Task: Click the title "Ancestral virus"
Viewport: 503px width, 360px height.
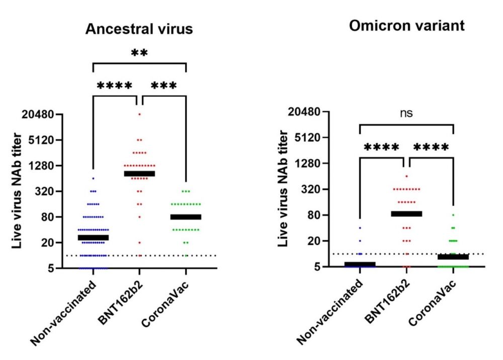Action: (139, 29)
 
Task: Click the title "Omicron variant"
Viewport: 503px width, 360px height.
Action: (407, 26)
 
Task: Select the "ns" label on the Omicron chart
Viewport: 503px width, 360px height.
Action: (406, 113)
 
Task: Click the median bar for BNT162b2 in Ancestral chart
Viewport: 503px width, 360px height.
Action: (140, 173)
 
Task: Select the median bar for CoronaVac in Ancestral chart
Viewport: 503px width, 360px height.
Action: (186, 217)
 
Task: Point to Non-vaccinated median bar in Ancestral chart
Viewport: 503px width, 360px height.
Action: (94, 237)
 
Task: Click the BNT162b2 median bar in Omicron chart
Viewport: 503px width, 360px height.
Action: (407, 214)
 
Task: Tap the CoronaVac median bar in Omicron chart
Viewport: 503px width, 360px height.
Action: (453, 257)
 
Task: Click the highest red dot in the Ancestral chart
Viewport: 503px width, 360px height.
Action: (140, 115)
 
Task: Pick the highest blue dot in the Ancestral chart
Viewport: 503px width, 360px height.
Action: (94, 178)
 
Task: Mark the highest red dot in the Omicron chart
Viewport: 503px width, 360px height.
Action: (407, 176)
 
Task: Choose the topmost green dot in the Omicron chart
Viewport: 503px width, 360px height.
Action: (453, 215)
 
